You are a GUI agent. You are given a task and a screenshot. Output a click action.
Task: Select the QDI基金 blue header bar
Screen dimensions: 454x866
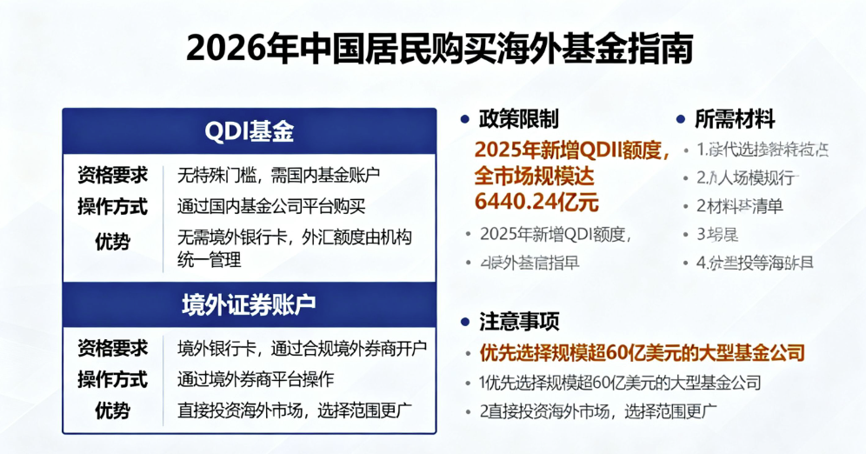click(x=249, y=131)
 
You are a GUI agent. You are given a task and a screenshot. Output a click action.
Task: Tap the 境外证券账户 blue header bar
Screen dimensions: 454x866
click(x=249, y=305)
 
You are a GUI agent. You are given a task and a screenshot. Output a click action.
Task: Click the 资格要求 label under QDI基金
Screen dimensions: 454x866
click(x=112, y=175)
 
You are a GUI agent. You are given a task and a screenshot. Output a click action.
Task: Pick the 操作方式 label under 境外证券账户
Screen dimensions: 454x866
click(x=112, y=380)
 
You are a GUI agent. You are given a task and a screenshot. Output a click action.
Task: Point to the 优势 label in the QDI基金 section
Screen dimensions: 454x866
click(x=112, y=243)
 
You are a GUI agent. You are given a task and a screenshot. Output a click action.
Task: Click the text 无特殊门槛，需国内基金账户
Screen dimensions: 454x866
click(x=279, y=175)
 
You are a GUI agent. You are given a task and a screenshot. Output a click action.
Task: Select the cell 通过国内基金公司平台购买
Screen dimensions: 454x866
click(x=271, y=207)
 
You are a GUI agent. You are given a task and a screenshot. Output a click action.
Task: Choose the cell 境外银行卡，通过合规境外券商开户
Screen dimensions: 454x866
click(x=302, y=349)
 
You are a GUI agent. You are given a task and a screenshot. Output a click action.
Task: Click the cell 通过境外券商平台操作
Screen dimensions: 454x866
click(x=256, y=380)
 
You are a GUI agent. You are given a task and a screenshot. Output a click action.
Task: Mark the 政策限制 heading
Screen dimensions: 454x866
click(x=518, y=119)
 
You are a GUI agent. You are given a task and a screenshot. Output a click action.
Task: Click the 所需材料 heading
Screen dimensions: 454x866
click(x=735, y=119)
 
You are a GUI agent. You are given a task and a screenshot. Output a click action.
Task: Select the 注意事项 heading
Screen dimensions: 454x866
click(x=518, y=322)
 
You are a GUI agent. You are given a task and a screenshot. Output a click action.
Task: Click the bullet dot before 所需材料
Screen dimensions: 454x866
click(x=681, y=119)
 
